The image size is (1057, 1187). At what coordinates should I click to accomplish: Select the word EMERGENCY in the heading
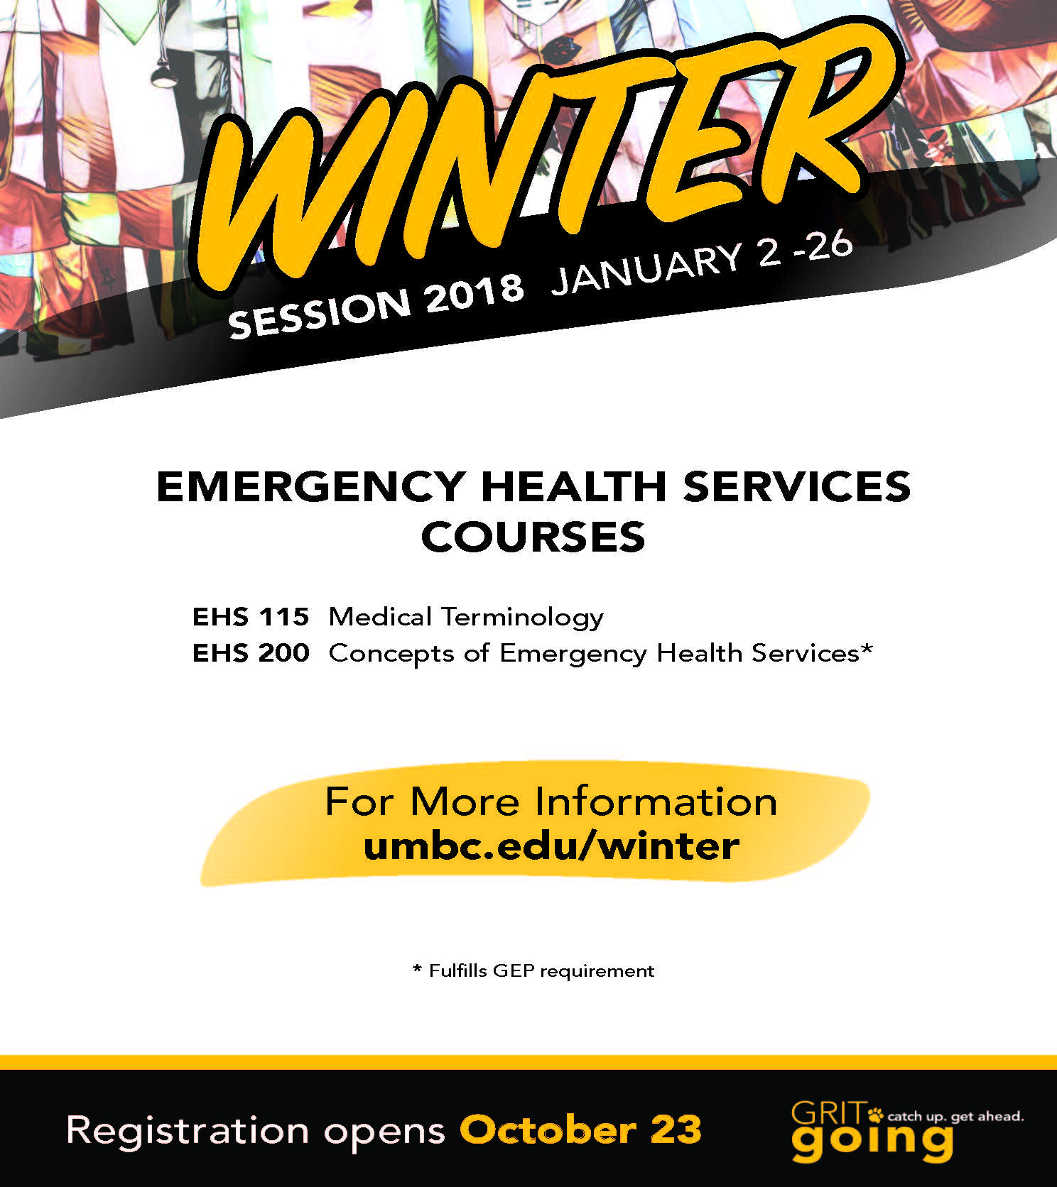311,486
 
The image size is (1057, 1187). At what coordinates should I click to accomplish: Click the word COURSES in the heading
533,537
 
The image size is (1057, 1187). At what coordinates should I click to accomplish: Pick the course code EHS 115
251,616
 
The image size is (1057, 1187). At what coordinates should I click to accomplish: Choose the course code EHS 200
251,652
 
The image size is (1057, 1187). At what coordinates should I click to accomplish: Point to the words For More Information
551,802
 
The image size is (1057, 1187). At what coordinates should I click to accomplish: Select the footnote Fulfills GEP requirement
541,971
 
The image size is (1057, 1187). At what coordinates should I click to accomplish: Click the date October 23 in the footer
581,1130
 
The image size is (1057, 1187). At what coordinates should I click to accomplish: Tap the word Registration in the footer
188,1132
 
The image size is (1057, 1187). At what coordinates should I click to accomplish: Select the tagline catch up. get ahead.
956,1117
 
